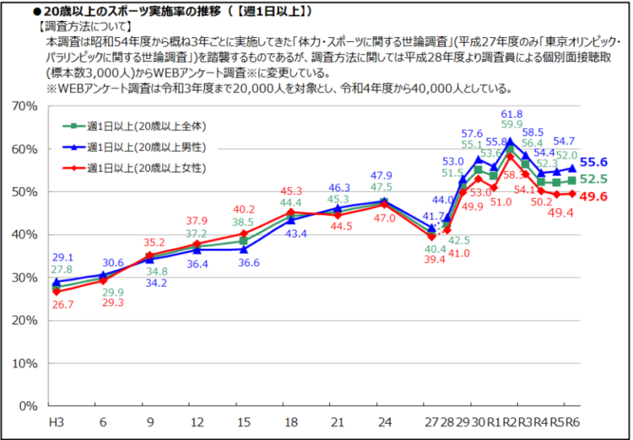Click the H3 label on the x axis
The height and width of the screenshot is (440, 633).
(x=57, y=421)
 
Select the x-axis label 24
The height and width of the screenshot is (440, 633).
(x=385, y=421)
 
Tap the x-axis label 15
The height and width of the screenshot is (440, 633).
(x=244, y=421)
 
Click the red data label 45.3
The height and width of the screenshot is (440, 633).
(x=291, y=191)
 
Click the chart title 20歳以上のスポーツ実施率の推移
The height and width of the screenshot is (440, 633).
(x=169, y=11)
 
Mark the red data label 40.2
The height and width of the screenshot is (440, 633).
(x=246, y=210)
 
